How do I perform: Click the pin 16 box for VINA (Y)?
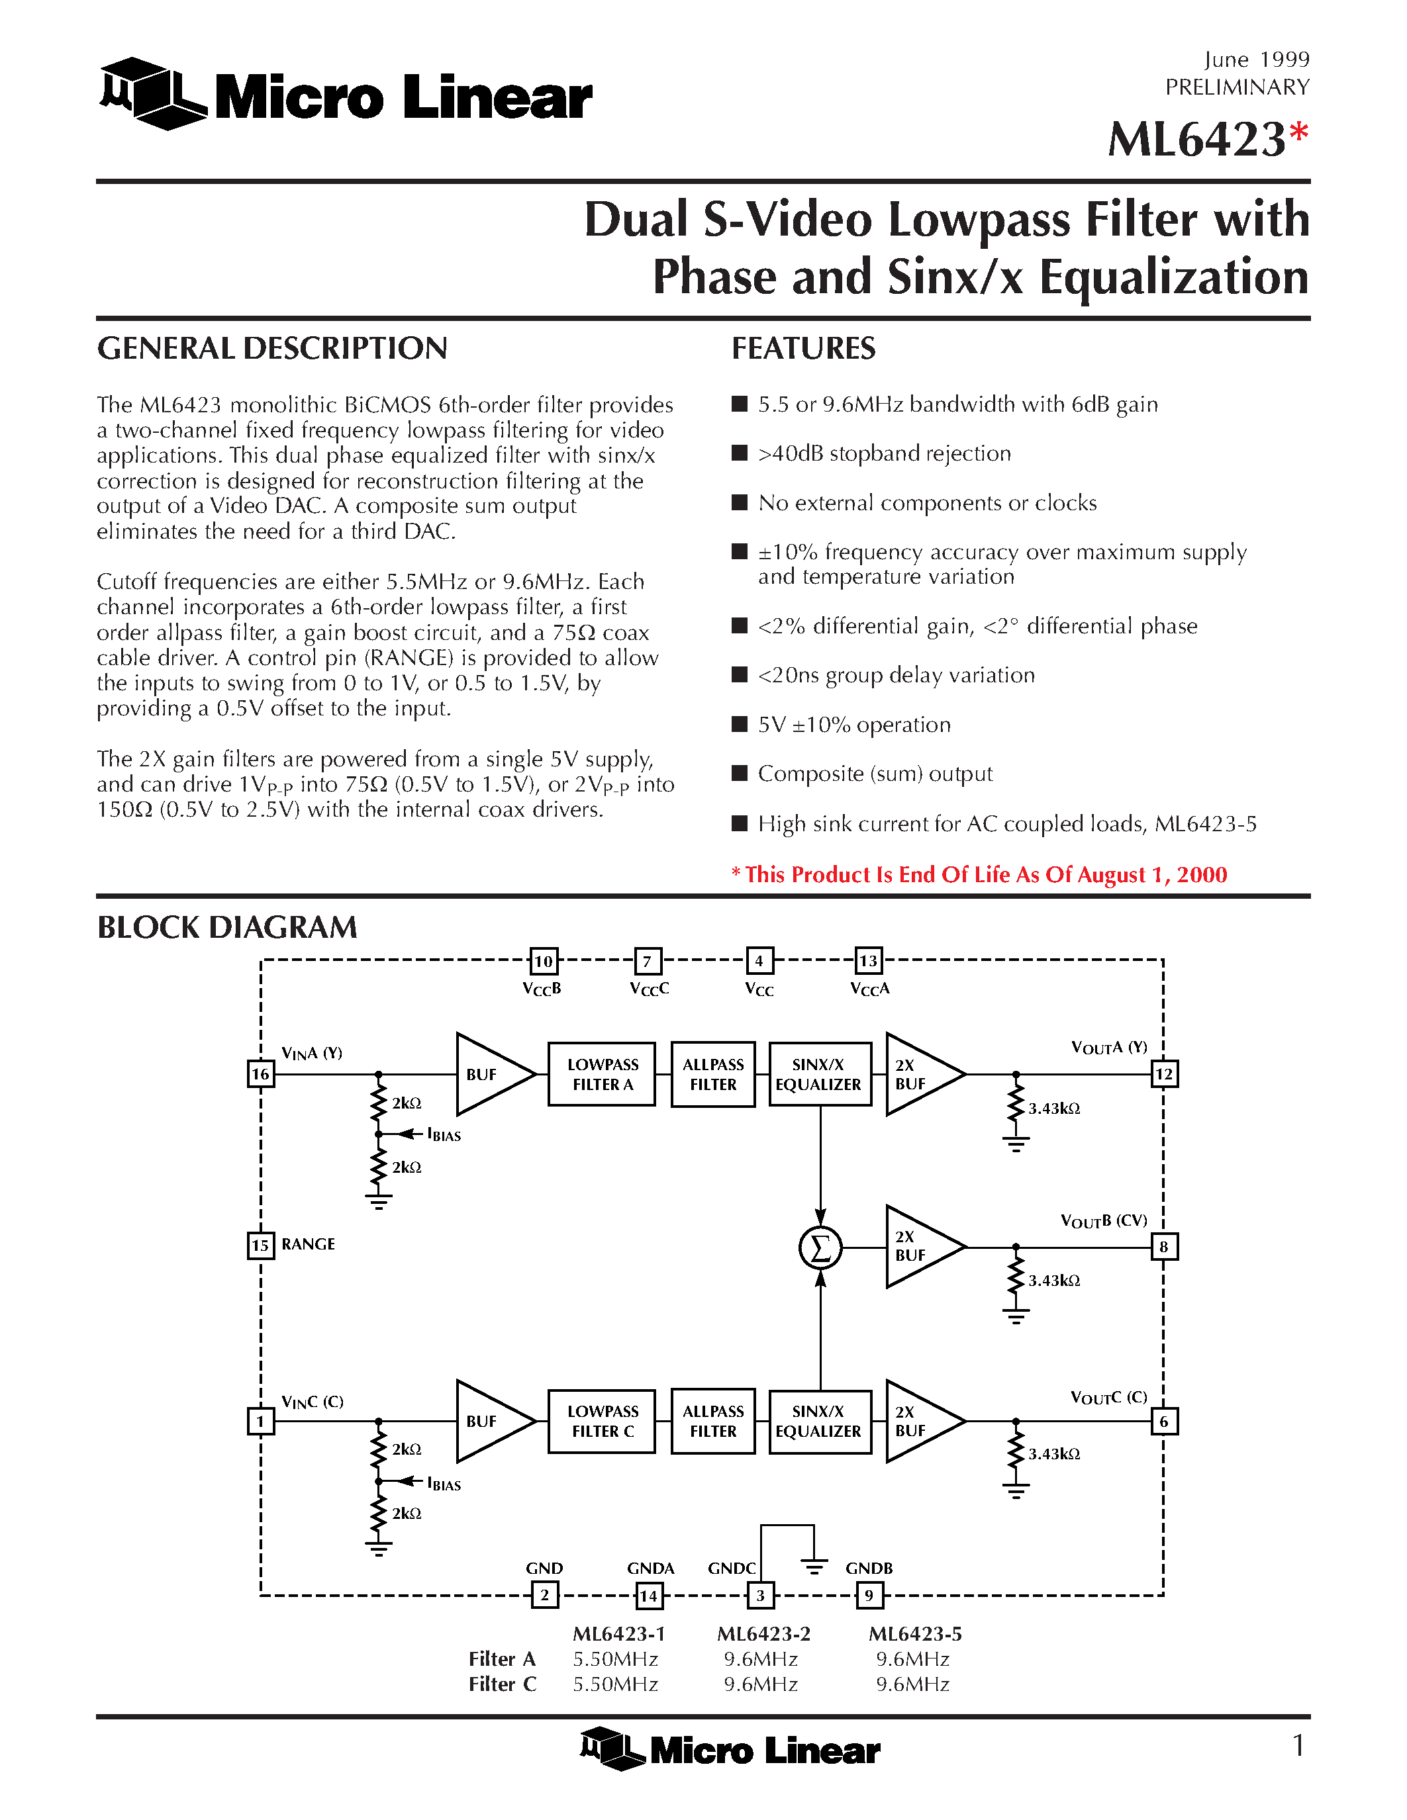coord(260,1073)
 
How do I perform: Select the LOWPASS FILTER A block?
coord(602,1074)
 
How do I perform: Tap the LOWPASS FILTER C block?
coord(602,1421)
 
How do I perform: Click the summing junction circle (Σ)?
coord(820,1248)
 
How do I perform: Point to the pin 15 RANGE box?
coord(260,1245)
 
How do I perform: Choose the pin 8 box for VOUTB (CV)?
coord(1163,1247)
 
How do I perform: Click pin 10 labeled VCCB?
coord(544,961)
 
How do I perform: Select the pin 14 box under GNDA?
coord(648,1596)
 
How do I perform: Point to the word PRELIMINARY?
coord(1237,87)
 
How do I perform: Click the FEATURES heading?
coord(804,348)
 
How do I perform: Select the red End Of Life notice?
coord(979,874)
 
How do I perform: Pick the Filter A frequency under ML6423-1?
coord(615,1659)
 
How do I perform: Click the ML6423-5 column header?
coord(914,1633)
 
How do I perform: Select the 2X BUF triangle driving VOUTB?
coord(920,1247)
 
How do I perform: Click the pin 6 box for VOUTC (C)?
coord(1163,1421)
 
